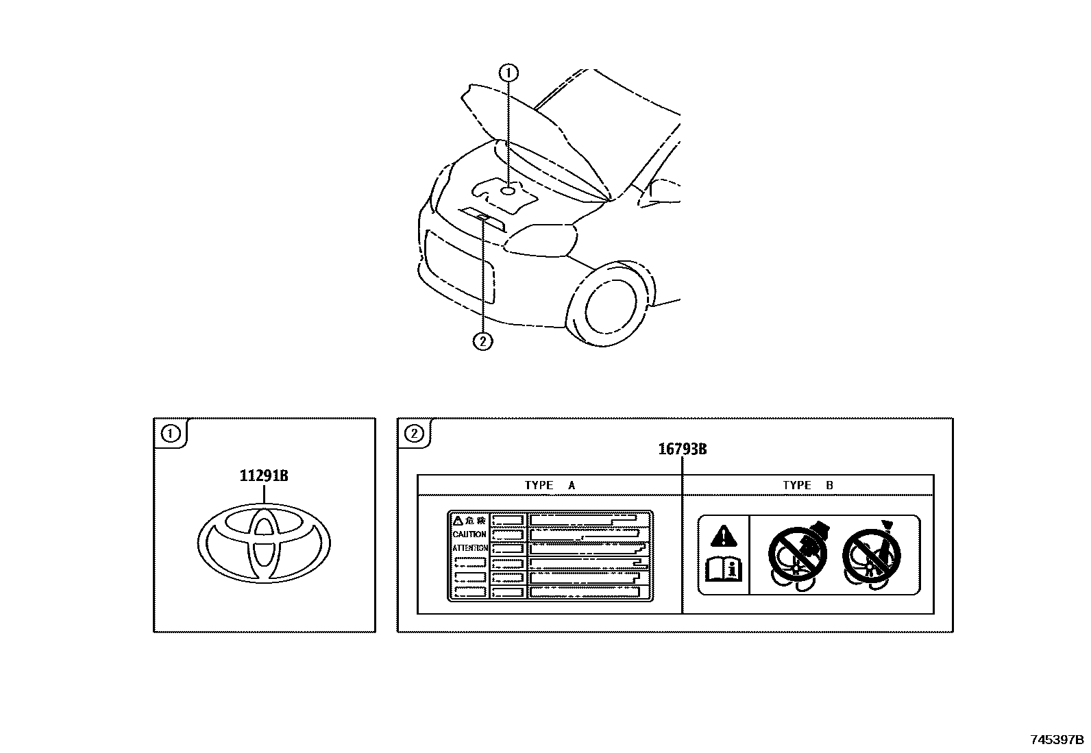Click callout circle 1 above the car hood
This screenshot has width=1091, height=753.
(x=508, y=73)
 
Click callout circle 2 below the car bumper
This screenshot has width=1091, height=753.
(x=483, y=341)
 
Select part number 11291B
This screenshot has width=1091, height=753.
(x=264, y=476)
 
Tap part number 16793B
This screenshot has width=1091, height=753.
(x=683, y=449)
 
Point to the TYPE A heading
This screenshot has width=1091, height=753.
(x=550, y=485)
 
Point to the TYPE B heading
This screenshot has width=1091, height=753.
(x=808, y=485)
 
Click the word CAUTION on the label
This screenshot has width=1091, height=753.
(x=469, y=534)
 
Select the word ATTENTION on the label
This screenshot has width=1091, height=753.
(x=469, y=548)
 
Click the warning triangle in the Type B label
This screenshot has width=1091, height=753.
(x=724, y=534)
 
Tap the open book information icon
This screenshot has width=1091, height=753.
(x=724, y=569)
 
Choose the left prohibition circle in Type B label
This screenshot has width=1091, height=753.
(x=796, y=556)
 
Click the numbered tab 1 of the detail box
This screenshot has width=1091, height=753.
(x=169, y=434)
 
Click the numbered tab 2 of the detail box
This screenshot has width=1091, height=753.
(x=414, y=434)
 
